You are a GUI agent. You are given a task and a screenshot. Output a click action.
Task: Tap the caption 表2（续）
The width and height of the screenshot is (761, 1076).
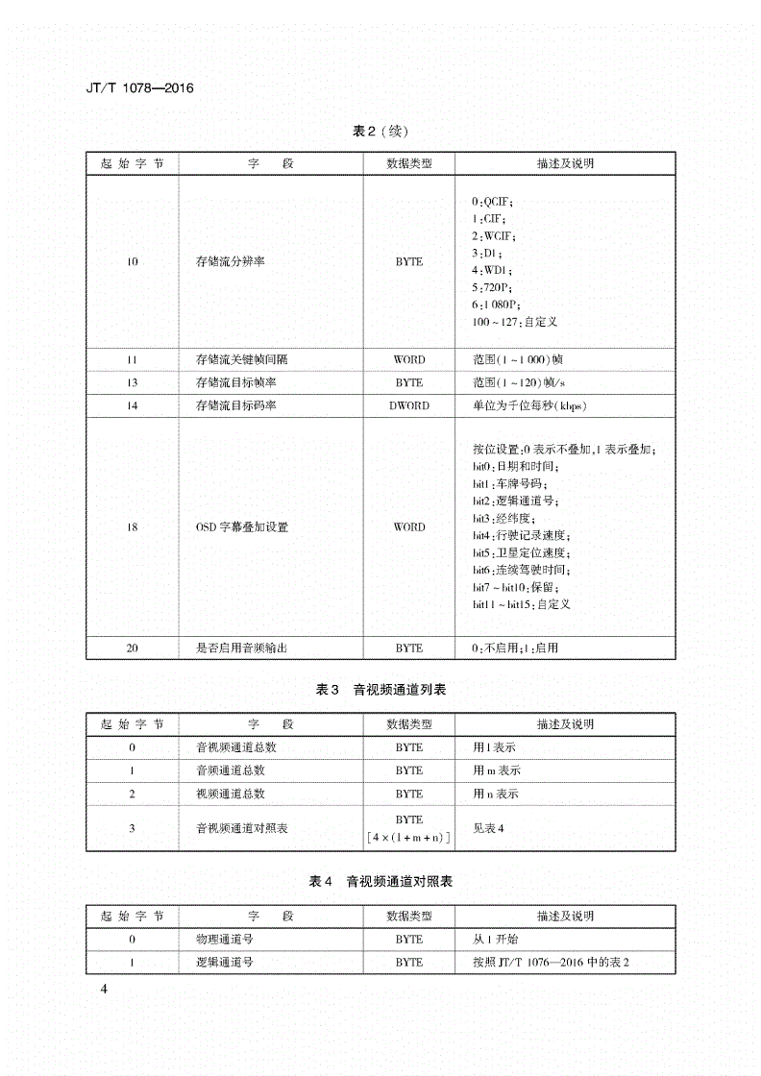pyautogui.click(x=381, y=132)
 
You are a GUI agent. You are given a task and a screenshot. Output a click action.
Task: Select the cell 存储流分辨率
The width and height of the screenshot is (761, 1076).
pyautogui.click(x=230, y=261)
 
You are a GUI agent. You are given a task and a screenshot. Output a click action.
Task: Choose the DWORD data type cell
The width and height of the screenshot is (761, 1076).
pyautogui.click(x=408, y=405)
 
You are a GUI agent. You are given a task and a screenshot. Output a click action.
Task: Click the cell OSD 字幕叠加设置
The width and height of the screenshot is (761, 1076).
pyautogui.click(x=241, y=526)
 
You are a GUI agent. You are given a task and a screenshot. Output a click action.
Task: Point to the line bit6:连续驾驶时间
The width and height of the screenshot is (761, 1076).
pyautogui.click(x=522, y=571)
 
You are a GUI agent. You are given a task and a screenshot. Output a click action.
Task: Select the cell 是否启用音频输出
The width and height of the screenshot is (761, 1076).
pyautogui.click(x=241, y=648)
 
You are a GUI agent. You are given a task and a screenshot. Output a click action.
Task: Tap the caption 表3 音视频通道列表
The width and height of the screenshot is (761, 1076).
pyautogui.click(x=381, y=690)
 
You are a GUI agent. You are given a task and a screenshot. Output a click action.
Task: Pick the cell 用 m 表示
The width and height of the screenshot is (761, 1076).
pyautogui.click(x=497, y=770)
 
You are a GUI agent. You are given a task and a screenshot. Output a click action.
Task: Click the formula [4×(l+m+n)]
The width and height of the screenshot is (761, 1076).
pyautogui.click(x=409, y=838)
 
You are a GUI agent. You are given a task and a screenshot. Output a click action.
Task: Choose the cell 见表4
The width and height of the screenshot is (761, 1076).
pyautogui.click(x=488, y=828)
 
